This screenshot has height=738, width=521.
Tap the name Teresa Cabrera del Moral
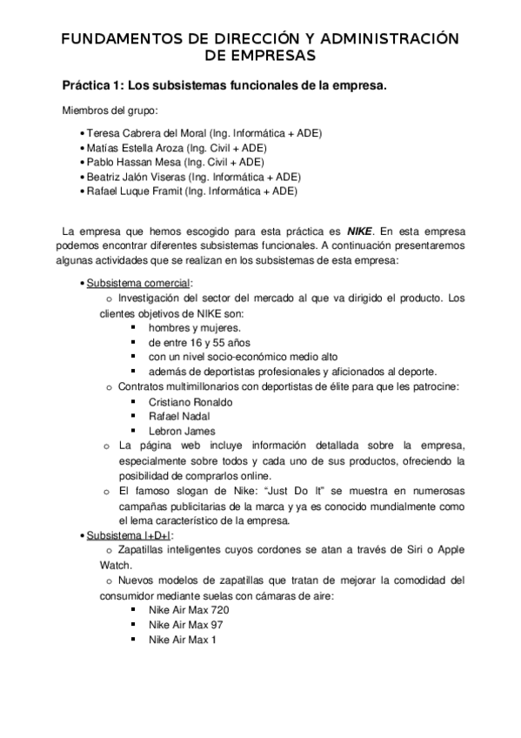click(146, 133)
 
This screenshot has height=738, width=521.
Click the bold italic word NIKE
click(358, 231)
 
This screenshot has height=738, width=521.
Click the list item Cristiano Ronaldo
click(190, 402)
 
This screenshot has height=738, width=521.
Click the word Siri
click(413, 548)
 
